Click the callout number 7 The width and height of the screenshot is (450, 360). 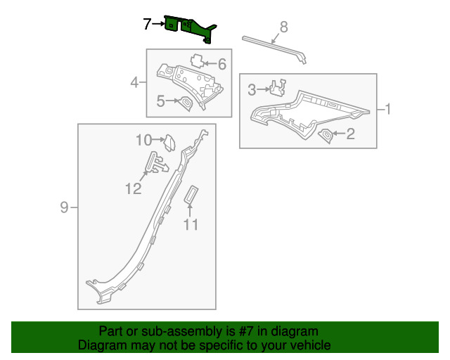pos(147,24)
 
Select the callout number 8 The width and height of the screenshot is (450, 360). pos(283,27)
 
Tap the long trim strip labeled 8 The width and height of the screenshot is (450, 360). pos(275,49)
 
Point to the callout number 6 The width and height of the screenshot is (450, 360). pos(222,64)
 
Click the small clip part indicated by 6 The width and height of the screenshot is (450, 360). pos(198,60)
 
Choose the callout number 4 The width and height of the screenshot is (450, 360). pos(134,83)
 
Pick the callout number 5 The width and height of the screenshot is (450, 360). pos(161,101)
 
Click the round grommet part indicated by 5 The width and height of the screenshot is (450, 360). pos(186,103)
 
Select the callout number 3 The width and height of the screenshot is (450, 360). pos(252,90)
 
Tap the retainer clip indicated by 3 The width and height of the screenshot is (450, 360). pos(278,87)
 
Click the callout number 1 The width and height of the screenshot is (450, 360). pos(387,110)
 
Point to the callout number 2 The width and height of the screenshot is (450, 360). pos(350,134)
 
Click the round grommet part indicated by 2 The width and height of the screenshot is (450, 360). pos(326,135)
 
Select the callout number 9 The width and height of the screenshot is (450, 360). pos(64,207)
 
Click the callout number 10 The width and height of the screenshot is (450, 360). pos(143,140)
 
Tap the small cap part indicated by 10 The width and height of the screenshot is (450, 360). pos(169,143)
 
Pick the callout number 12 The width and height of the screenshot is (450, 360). pos(134,189)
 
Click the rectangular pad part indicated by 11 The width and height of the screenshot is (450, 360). pos(191,195)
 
